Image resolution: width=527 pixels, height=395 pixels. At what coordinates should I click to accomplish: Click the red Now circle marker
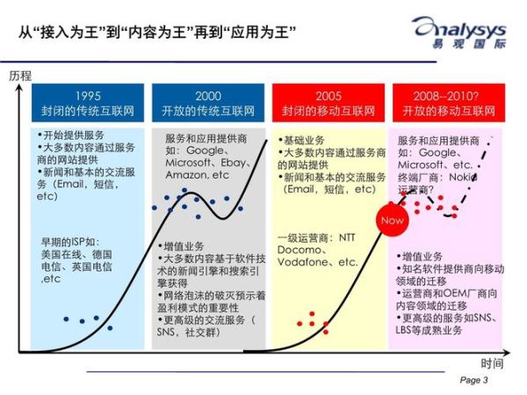pyautogui.click(x=393, y=220)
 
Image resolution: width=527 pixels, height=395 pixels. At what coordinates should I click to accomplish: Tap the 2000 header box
pyautogui.click(x=208, y=103)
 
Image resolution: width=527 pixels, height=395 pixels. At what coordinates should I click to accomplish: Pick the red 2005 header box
pyautogui.click(x=328, y=103)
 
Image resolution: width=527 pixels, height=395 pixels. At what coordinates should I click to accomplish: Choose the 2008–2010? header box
pyautogui.click(x=447, y=103)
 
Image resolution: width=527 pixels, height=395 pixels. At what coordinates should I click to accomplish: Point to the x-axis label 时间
pyautogui.click(x=492, y=362)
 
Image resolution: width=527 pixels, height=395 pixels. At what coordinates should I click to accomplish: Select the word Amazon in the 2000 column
pyautogui.click(x=185, y=175)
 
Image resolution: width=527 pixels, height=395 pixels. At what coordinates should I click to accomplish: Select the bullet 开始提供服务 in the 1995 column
pyautogui.click(x=75, y=136)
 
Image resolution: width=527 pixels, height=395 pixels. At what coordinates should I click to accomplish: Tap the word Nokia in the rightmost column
pyautogui.click(x=473, y=176)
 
